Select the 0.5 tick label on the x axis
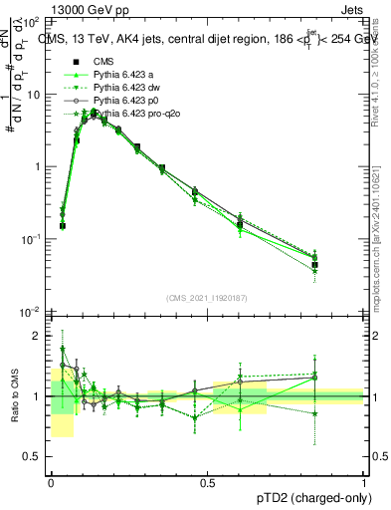click(207, 482)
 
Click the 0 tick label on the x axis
click(51, 482)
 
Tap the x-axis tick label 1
click(364, 482)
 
